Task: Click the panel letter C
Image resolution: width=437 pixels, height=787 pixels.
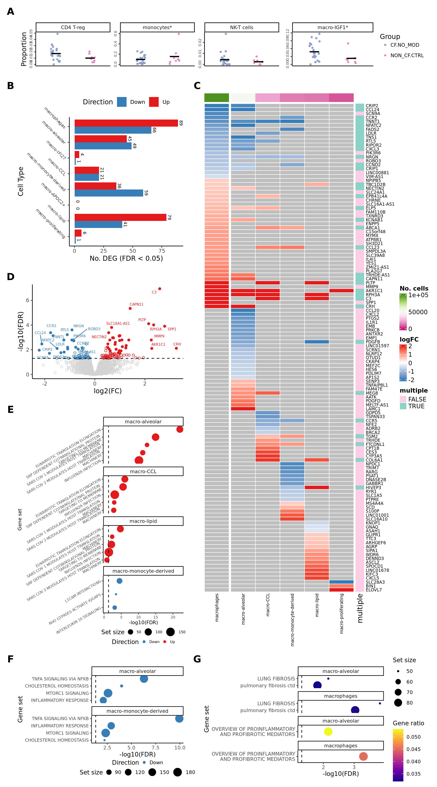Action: point(197,86)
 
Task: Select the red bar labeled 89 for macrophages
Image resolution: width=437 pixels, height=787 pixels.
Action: point(126,123)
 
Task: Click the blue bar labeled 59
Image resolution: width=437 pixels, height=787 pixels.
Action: point(109,193)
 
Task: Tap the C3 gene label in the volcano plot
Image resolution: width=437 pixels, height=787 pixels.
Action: point(154,292)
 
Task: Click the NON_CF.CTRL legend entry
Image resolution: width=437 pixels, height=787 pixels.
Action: point(407,56)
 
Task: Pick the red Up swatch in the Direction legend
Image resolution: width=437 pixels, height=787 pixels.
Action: point(154,102)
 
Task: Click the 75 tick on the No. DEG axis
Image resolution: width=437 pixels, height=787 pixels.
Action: point(162,251)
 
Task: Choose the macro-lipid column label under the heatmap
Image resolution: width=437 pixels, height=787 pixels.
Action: point(317,605)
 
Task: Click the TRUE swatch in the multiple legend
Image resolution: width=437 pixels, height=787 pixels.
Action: point(403,406)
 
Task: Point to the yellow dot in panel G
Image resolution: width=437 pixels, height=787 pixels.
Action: point(328,731)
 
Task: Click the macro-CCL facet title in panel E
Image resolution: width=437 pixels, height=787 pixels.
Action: point(143,471)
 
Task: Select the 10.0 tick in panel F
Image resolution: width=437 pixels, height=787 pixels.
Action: point(180,748)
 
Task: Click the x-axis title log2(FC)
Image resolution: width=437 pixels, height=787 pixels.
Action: point(107,391)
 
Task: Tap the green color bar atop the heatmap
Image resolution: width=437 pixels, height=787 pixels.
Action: point(216,98)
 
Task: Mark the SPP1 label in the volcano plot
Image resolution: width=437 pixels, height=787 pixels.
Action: point(172,329)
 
